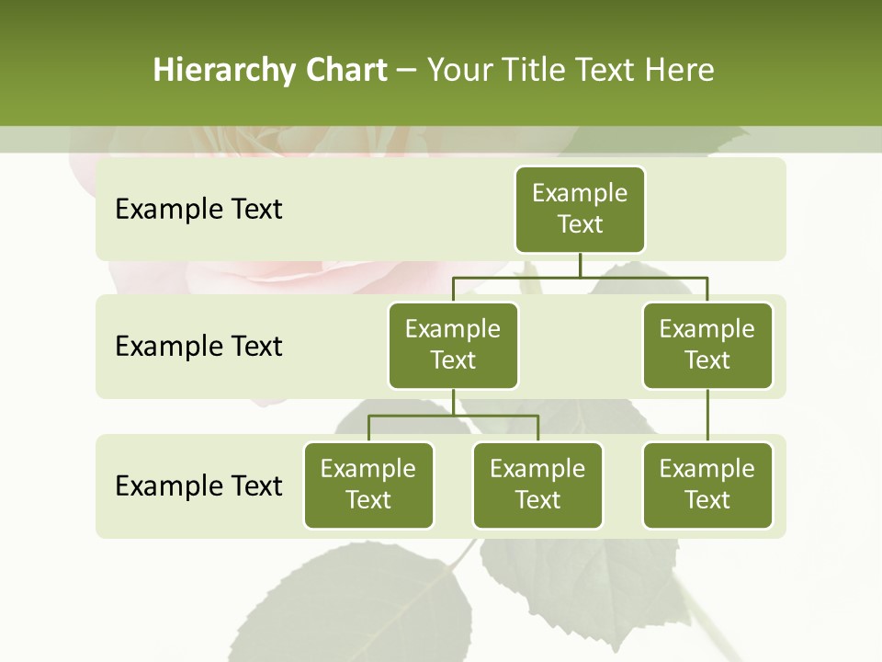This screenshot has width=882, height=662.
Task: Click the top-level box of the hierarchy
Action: pos(580,209)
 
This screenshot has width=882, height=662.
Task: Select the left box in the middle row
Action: pos(453,345)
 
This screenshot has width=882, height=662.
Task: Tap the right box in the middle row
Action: pos(707,345)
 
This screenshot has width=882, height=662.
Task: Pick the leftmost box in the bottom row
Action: pos(368,485)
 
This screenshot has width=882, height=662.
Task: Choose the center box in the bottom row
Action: pos(537,485)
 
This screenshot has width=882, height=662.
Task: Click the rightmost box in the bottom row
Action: pos(707,485)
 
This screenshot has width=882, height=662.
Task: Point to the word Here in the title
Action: pos(680,71)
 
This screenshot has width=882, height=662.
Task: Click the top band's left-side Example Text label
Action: pos(198,210)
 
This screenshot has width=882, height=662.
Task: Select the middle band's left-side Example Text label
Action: pos(198,347)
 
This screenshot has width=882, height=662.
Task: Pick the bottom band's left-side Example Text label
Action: pos(198,485)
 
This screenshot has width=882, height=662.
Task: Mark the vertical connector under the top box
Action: pos(580,265)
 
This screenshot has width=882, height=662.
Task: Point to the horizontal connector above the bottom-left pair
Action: pos(453,416)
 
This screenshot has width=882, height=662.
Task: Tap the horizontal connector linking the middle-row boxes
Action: pos(580,277)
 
